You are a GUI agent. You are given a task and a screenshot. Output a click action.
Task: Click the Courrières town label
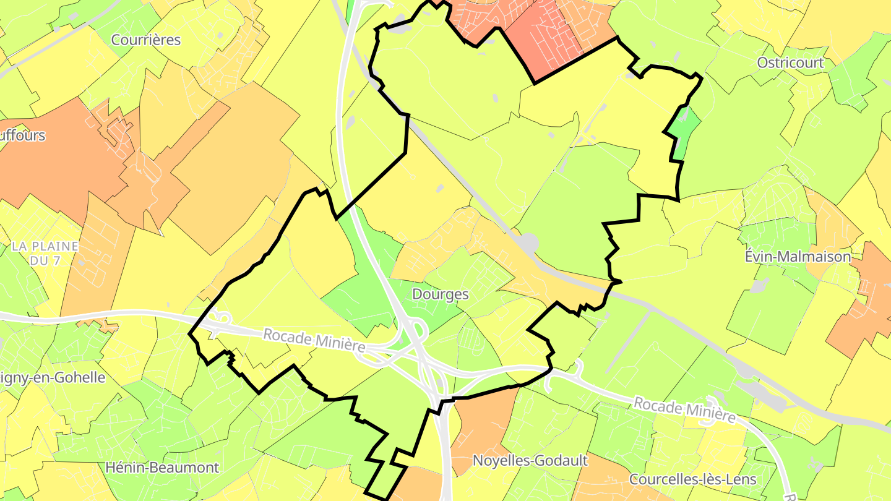pyautogui.click(x=146, y=40)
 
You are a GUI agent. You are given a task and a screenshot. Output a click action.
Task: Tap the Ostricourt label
pyautogui.click(x=790, y=62)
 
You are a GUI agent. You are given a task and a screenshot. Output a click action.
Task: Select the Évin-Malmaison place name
pyautogui.click(x=798, y=256)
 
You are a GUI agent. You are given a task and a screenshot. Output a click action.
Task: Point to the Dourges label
pyautogui.click(x=440, y=294)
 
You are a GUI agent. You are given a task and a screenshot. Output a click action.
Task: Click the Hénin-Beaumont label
pyautogui.click(x=162, y=467)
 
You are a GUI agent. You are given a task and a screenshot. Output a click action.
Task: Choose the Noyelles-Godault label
pyautogui.click(x=530, y=460)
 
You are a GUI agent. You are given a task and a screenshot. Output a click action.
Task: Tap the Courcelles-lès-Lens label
pyautogui.click(x=692, y=479)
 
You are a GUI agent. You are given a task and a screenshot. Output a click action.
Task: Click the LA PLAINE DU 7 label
pyautogui.click(x=45, y=253)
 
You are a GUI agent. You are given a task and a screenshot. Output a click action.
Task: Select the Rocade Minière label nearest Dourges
pyautogui.click(x=314, y=341)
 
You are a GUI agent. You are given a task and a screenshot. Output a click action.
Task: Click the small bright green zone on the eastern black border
pyautogui.click(x=683, y=133)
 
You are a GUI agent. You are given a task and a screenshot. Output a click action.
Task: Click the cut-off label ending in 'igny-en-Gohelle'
pyautogui.click(x=52, y=377)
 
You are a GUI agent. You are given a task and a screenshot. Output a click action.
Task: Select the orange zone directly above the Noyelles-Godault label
pyautogui.click(x=486, y=421)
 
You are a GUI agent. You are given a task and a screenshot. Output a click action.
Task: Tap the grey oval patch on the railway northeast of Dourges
pyautogui.click(x=529, y=242)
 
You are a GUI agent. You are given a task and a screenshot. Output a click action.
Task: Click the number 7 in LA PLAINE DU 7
pyautogui.click(x=57, y=260)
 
